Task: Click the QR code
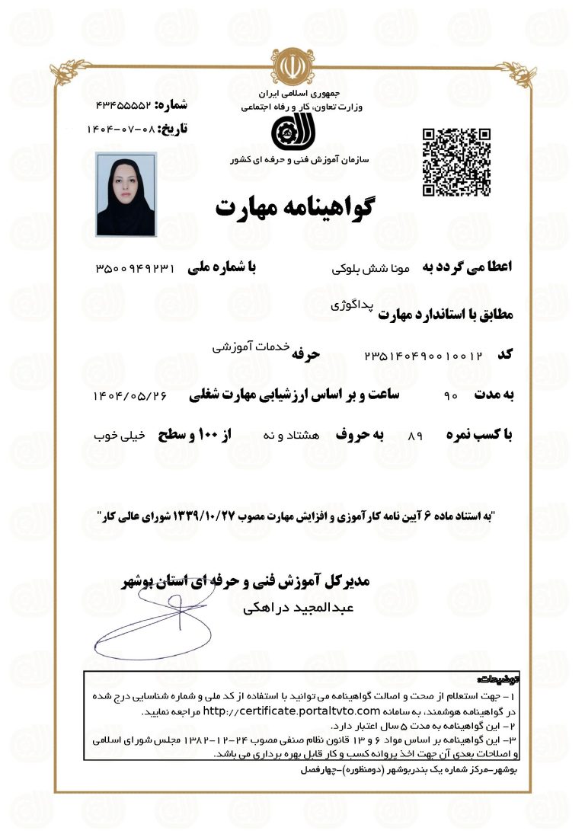[456, 162]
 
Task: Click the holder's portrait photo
[126, 194]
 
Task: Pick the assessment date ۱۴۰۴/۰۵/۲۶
[129, 396]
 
